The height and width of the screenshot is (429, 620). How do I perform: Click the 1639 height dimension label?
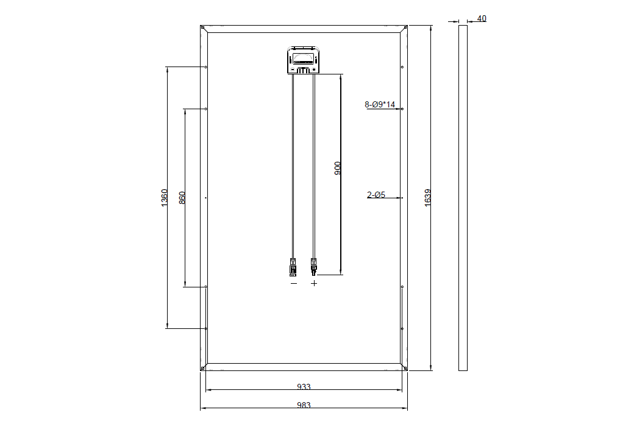(x=427, y=198)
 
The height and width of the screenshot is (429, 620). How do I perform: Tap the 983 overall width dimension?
(x=304, y=405)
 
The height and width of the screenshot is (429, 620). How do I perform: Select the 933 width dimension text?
(x=304, y=387)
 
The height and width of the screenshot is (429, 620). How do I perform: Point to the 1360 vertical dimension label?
(x=165, y=198)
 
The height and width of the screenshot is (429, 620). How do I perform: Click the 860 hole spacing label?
(x=182, y=198)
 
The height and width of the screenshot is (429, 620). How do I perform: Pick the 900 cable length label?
(x=338, y=168)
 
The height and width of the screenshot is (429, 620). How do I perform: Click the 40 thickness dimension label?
(x=482, y=18)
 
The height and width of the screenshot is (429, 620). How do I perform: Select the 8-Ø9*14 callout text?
(x=380, y=104)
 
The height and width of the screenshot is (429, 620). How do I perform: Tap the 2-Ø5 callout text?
(x=376, y=195)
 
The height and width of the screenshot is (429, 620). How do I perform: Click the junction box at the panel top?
(x=303, y=60)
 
